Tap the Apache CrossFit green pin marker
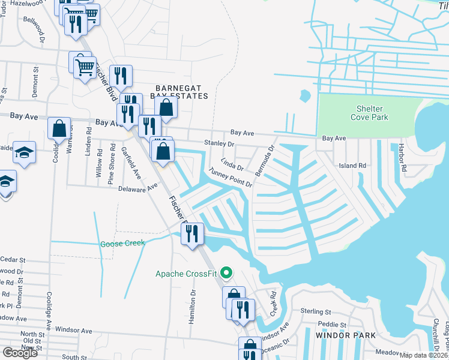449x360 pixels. coord(226,274)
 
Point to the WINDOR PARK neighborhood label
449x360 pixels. coord(342,335)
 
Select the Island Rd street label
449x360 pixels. coord(352,166)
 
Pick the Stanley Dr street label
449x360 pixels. coord(218,144)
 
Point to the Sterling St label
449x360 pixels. coord(316,312)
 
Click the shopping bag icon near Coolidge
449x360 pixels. coord(59,129)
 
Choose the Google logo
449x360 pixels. coord(20,353)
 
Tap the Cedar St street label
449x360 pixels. coord(13,260)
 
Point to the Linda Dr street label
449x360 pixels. coord(232,163)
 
